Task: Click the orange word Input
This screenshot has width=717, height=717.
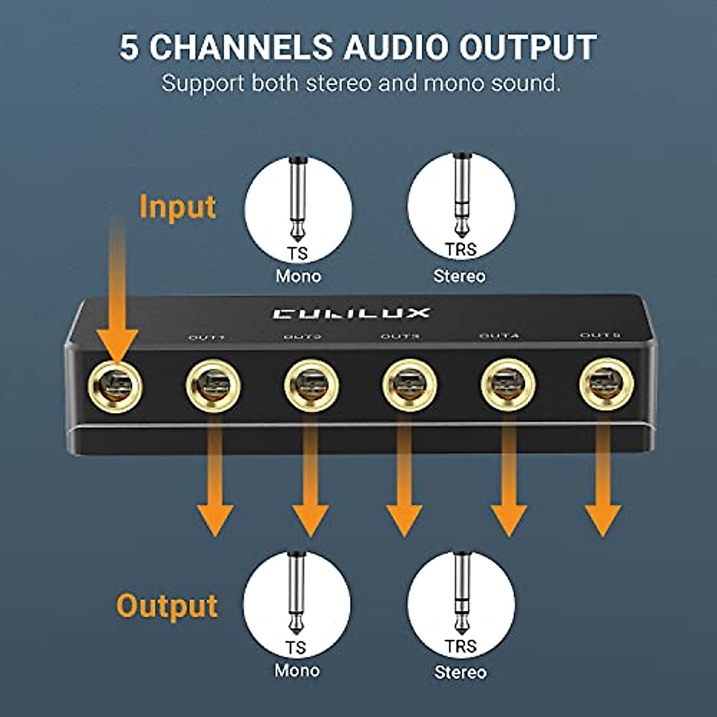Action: (177, 207)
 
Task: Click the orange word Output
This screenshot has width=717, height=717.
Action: (167, 606)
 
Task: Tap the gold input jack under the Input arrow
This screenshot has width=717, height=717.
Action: (115, 387)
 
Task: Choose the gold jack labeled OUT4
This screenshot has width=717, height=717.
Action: (508, 385)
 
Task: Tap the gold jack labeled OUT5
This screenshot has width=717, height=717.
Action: (606, 384)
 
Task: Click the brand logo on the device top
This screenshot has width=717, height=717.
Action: (351, 313)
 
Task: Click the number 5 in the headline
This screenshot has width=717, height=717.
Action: (129, 48)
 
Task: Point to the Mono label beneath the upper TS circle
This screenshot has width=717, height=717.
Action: (298, 276)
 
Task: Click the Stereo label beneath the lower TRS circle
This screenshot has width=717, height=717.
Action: (460, 672)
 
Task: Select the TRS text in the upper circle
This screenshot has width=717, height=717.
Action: (461, 250)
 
